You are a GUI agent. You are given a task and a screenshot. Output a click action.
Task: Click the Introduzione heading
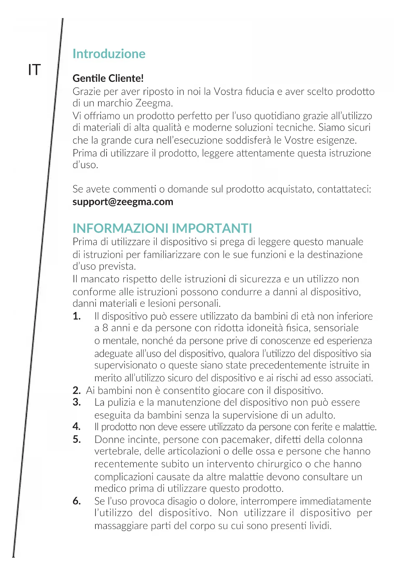click(109, 54)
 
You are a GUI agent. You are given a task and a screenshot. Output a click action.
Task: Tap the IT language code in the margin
click(34, 70)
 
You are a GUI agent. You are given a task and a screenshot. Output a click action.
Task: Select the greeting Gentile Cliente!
click(108, 78)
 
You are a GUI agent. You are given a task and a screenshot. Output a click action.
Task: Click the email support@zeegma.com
click(123, 202)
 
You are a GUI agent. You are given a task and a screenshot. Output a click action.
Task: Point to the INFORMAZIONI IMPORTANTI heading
click(162, 228)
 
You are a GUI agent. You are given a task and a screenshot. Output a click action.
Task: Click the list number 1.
click(77, 316)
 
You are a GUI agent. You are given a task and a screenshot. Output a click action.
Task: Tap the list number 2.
click(77, 390)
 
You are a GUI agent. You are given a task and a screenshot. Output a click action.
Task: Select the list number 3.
click(77, 402)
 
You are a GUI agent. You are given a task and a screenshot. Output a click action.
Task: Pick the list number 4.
click(77, 427)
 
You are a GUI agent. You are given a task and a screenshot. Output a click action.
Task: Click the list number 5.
click(77, 439)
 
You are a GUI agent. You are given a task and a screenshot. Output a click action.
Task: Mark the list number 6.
click(77, 501)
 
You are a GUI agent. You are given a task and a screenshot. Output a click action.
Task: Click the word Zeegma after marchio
click(153, 103)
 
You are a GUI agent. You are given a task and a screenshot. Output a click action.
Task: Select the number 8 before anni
click(105, 328)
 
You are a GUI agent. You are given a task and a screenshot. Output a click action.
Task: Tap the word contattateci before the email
click(344, 189)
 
